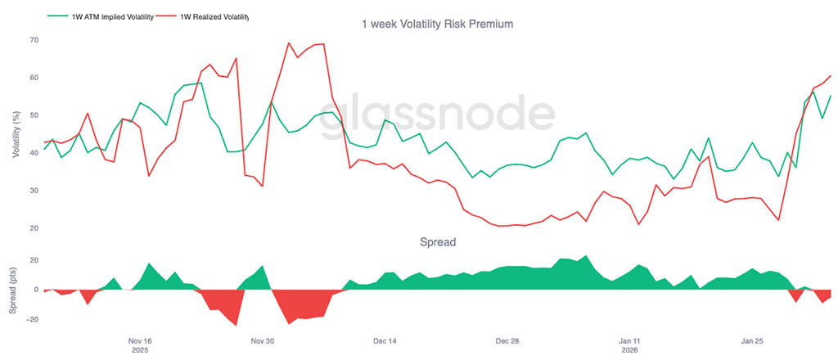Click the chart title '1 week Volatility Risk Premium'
click(437, 25)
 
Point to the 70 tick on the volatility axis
click(34, 39)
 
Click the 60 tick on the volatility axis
click(34, 78)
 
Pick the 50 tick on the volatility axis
click(34, 115)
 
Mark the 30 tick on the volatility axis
click(34, 191)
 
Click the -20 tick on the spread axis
click(31, 319)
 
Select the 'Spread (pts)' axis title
click(14, 290)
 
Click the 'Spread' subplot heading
click(437, 242)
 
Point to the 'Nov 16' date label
click(140, 340)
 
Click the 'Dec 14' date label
click(385, 340)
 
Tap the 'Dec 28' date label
click(507, 340)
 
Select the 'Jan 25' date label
click(752, 340)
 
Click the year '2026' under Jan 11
click(629, 350)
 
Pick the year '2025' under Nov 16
click(140, 350)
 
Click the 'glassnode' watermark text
click(437, 119)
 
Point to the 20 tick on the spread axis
click(34, 260)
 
